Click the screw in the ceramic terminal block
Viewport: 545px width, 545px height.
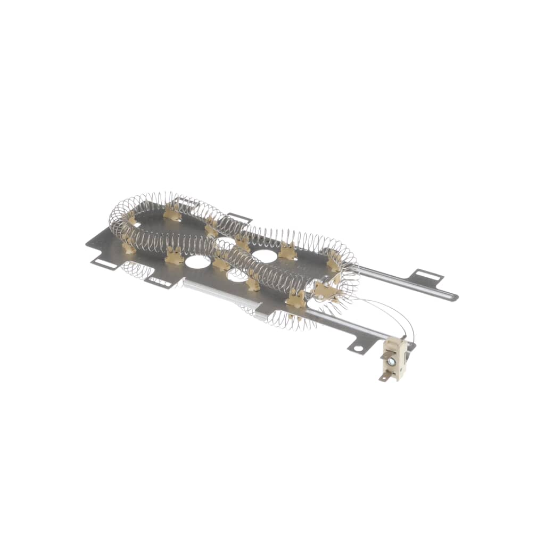coord(392,362)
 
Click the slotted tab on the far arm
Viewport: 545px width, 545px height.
coord(428,277)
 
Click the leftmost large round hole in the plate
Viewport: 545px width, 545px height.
coord(197,261)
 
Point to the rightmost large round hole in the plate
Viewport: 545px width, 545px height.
coord(265,256)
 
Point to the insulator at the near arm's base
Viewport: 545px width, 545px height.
coord(296,299)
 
